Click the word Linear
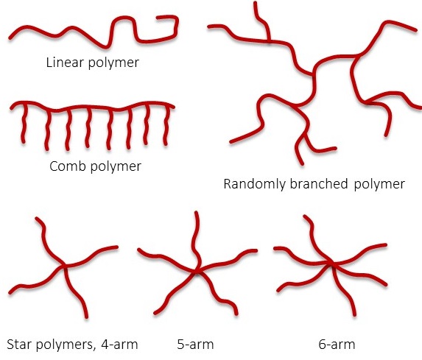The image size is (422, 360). [x=65, y=63]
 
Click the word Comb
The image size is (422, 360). [x=68, y=166]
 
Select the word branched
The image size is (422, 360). [x=319, y=184]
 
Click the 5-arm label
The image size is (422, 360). [x=195, y=345]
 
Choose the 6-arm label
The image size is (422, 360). [x=337, y=345]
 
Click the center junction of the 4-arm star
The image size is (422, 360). [x=65, y=266]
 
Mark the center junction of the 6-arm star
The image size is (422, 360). [x=331, y=264]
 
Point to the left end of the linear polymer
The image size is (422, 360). [x=10, y=38]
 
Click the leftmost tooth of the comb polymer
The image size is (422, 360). [x=24, y=123]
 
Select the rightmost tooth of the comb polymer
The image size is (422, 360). [x=166, y=125]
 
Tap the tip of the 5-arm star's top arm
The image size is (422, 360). [x=196, y=213]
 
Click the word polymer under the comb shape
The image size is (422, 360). [x=116, y=167]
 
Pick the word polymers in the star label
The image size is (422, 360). [x=66, y=345]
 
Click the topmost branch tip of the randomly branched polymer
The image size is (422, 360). [x=255, y=3]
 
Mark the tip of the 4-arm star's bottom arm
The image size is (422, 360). [x=86, y=317]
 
